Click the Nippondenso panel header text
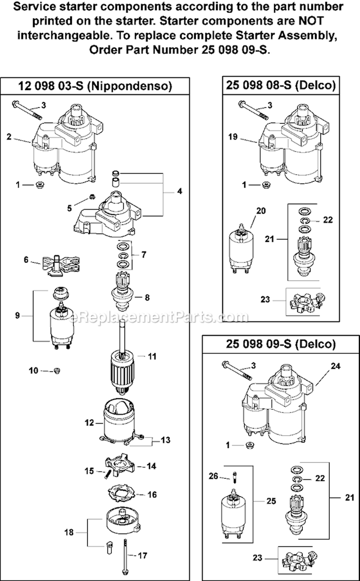[95, 86]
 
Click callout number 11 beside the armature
[152, 356]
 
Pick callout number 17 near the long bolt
[142, 556]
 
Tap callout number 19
[233, 137]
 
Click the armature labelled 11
[126, 365]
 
